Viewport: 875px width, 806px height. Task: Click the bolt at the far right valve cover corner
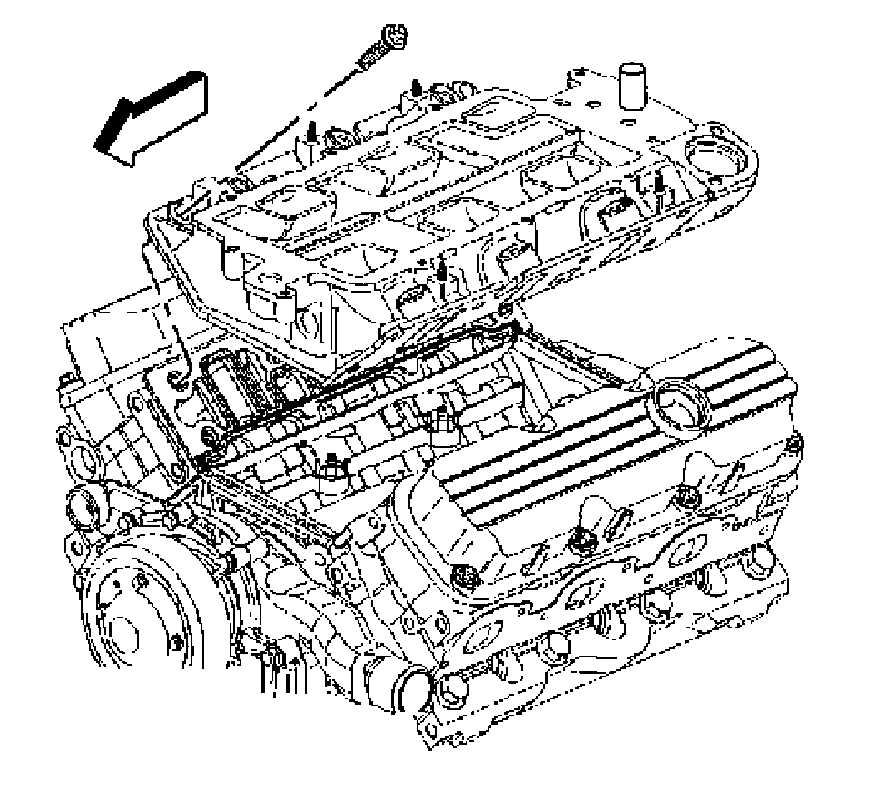793,446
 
